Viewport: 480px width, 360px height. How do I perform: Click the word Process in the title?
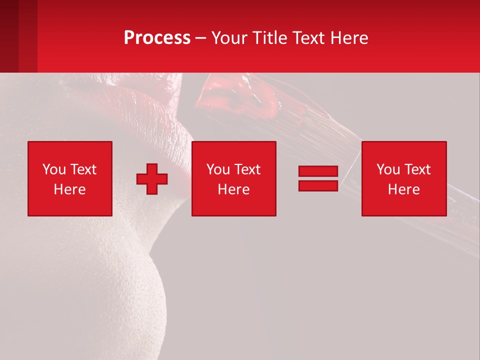(x=157, y=38)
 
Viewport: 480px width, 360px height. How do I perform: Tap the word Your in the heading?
(x=228, y=38)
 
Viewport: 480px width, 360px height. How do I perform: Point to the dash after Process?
(x=200, y=38)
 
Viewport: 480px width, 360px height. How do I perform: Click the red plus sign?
(x=152, y=179)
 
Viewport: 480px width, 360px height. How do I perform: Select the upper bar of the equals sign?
(x=318, y=171)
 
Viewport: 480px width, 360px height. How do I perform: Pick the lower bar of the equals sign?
(x=318, y=185)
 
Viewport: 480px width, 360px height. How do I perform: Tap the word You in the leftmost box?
(x=54, y=169)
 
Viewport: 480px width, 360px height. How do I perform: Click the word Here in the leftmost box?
(x=70, y=189)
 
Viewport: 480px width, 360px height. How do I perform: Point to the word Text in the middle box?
(x=247, y=169)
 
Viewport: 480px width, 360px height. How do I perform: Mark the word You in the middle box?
(x=218, y=169)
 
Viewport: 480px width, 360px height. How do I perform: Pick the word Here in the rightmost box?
(x=404, y=189)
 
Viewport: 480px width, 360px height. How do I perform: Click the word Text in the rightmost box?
(x=417, y=169)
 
